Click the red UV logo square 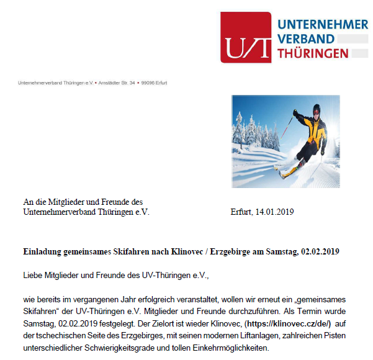[x=246, y=37]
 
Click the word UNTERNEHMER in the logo [x=323, y=24]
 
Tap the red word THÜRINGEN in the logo [x=313, y=54]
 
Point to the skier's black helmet [x=316, y=109]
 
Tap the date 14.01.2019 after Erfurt [x=274, y=212]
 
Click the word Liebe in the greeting [x=33, y=274]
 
